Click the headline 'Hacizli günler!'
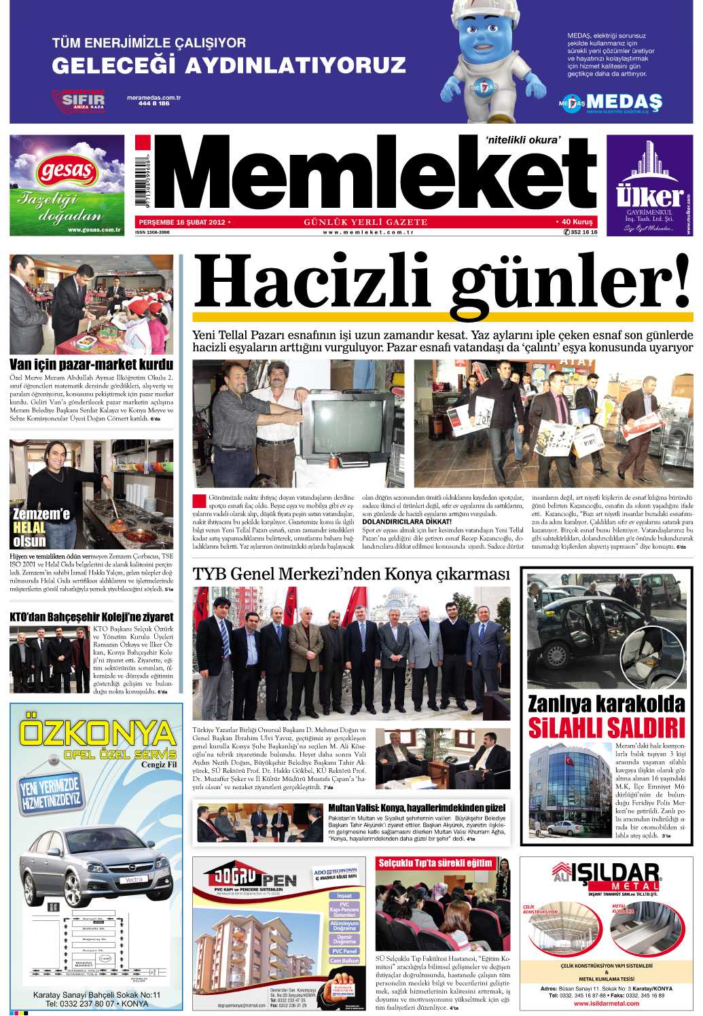tap(441, 282)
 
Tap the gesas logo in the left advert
tap(67, 170)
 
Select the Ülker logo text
tap(649, 197)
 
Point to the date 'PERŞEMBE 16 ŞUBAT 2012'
tap(181, 222)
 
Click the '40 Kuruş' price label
tap(577, 222)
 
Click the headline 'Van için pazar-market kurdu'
tap(91, 365)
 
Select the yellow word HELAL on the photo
tap(29, 528)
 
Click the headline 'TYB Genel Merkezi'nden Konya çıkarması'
tap(350, 575)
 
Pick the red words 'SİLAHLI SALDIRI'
tap(607, 729)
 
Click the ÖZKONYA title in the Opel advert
tap(96, 733)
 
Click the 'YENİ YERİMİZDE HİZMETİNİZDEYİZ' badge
tap(50, 793)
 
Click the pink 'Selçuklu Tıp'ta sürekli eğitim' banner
tap(435, 863)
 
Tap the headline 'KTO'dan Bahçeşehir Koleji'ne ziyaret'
tap(91, 617)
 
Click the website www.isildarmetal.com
tap(607, 1003)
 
